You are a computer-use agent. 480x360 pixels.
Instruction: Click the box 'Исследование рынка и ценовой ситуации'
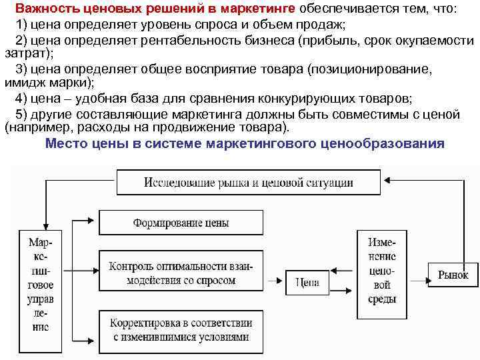249,181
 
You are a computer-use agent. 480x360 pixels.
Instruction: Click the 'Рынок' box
453,274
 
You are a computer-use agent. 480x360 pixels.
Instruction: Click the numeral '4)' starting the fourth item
20,100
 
